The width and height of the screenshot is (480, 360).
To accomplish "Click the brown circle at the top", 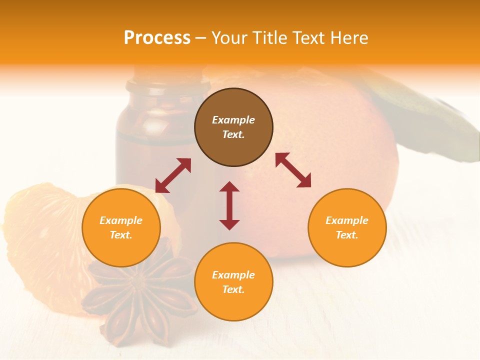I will tap(233, 127).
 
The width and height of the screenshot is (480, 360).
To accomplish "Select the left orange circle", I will tap(121, 227).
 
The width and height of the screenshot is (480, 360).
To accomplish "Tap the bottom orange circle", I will tap(233, 281).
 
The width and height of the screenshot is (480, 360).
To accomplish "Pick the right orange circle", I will tap(347, 227).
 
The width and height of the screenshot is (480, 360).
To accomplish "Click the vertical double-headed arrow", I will tap(229, 205).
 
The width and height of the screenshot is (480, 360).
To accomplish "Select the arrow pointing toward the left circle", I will tap(173, 175).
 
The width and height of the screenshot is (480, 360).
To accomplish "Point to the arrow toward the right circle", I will tap(293, 170).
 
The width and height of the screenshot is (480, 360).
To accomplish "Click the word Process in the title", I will tap(157, 37).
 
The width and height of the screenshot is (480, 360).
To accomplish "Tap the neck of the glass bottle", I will tap(165, 87).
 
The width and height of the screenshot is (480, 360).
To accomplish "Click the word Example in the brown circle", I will tap(233, 120).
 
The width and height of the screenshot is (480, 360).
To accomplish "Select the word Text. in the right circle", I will tap(347, 235).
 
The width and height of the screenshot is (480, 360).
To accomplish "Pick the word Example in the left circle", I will tap(121, 220).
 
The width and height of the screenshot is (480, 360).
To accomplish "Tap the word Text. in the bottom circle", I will tap(233, 289).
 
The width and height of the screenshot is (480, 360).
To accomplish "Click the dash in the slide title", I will tap(201, 38).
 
